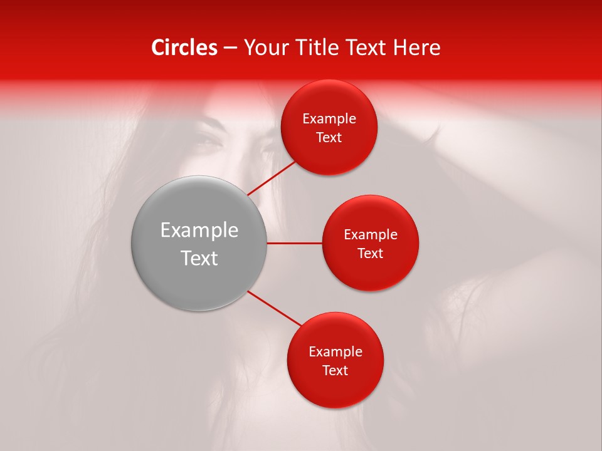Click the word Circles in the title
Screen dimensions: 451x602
pos(184,48)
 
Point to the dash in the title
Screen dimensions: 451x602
pos(230,48)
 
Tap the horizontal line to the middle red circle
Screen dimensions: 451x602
pos(295,243)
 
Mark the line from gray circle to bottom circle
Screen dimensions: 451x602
pos(274,309)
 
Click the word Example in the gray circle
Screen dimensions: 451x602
pos(199,231)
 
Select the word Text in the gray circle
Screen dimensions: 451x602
pos(199,258)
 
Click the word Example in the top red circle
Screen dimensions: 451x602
pos(329,119)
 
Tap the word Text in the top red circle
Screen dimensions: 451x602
pos(329,138)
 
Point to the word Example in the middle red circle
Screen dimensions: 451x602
pos(371,235)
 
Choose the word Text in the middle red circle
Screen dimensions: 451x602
pos(371,254)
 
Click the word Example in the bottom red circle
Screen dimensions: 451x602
pos(335,352)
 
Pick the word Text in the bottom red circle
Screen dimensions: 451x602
pos(335,371)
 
